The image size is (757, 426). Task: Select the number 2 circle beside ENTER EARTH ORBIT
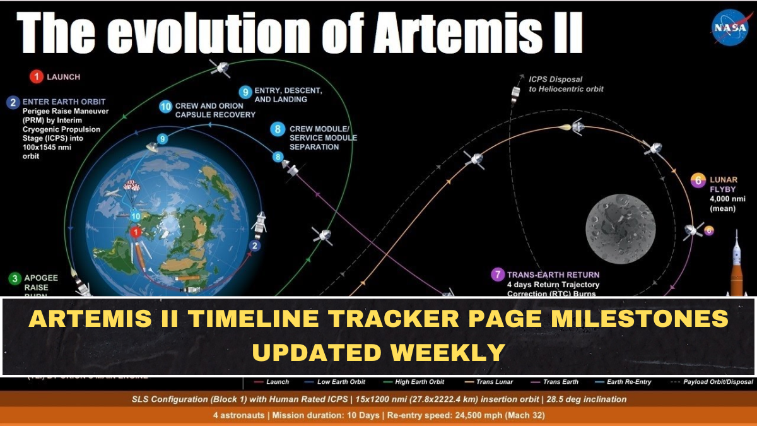13,102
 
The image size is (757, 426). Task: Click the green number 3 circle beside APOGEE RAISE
13,278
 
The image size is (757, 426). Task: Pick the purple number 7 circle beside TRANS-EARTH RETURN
498,275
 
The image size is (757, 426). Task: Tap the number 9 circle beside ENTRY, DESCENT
245,90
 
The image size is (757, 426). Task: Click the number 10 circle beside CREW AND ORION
165,107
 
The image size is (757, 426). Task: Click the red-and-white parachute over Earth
131,186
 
